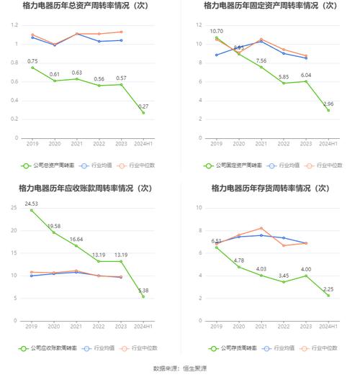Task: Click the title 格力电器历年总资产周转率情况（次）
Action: (86, 6)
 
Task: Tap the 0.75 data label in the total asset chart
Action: (32, 61)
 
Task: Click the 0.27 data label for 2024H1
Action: (144, 106)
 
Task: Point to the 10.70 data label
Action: (216, 32)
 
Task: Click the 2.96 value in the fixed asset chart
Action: (328, 104)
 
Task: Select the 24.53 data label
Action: (32, 204)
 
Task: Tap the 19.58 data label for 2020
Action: (54, 226)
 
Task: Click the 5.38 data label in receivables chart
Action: (144, 290)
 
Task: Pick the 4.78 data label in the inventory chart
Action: (238, 260)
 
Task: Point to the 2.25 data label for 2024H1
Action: (328, 289)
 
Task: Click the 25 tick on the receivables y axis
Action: (14, 208)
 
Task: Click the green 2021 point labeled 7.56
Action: (261, 67)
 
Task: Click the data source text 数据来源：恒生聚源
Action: (179, 368)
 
